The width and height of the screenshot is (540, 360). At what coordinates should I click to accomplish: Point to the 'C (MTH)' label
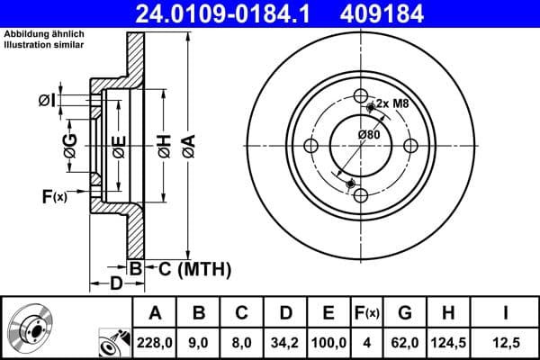point(188,268)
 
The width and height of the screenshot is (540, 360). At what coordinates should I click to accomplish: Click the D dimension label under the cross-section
point(116,284)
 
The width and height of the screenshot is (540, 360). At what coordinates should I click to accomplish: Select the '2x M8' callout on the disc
point(391,104)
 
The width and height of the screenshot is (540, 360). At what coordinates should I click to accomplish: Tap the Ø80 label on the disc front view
point(369,135)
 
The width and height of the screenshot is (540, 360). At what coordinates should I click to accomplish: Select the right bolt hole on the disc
point(410,146)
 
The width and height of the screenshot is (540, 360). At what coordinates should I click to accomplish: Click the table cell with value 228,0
point(155,341)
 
